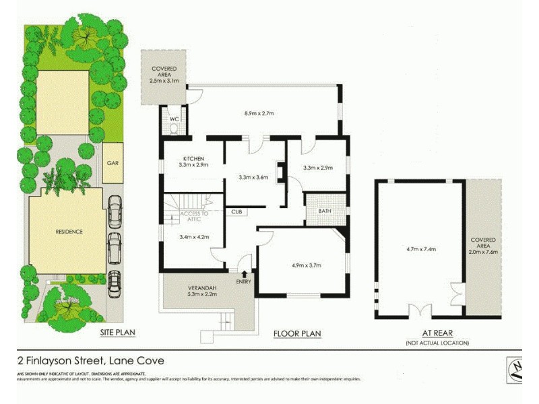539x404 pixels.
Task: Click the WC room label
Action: (x=173, y=119)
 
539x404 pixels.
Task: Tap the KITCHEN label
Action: (x=193, y=158)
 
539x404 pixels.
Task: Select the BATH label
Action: (x=325, y=211)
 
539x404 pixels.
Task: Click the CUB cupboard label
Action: (x=236, y=211)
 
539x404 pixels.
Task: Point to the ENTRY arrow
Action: (x=244, y=272)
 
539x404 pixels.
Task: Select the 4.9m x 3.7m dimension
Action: (x=303, y=265)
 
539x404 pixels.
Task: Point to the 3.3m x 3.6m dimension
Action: (x=254, y=178)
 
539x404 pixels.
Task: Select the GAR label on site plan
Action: (x=113, y=162)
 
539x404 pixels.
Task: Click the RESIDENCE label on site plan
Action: (x=69, y=232)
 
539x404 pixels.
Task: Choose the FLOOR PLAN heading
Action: (x=297, y=333)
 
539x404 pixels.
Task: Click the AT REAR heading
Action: (x=437, y=333)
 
